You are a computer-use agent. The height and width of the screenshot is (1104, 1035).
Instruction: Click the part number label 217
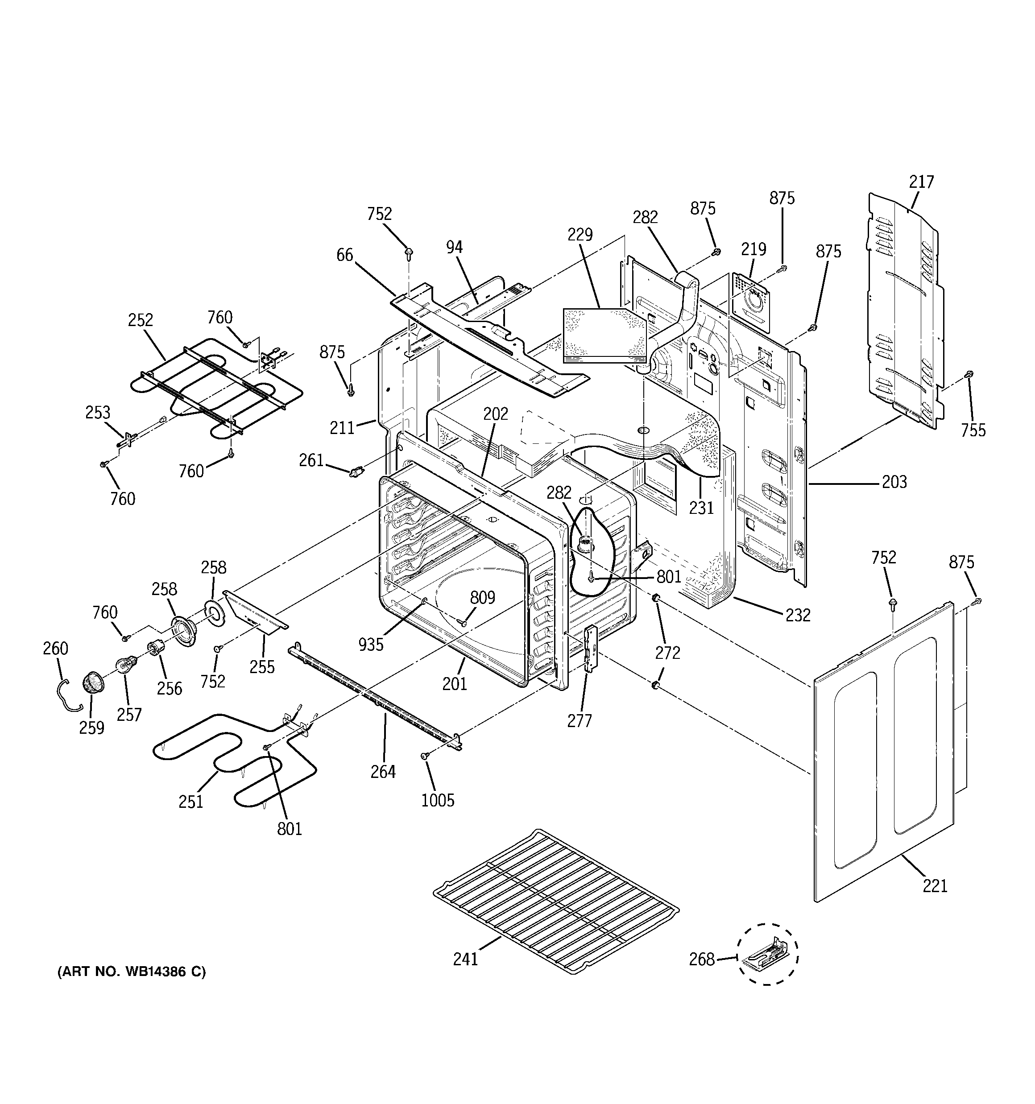pyautogui.click(x=921, y=182)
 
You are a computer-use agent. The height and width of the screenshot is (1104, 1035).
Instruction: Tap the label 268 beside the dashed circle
pyautogui.click(x=702, y=959)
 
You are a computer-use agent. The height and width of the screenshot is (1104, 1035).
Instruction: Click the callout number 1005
pyautogui.click(x=438, y=800)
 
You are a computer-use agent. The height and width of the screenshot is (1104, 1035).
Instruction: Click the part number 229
pyautogui.click(x=580, y=235)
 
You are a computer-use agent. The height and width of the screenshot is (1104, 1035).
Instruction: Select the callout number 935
pyautogui.click(x=371, y=644)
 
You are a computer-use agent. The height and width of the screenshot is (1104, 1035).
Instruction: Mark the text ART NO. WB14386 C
pyautogui.click(x=132, y=972)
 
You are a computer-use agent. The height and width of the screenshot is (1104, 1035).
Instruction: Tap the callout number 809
pyautogui.click(x=482, y=598)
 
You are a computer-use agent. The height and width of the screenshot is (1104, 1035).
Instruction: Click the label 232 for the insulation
pyautogui.click(x=798, y=615)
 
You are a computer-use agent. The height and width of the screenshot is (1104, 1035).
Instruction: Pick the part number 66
pyautogui.click(x=344, y=255)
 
